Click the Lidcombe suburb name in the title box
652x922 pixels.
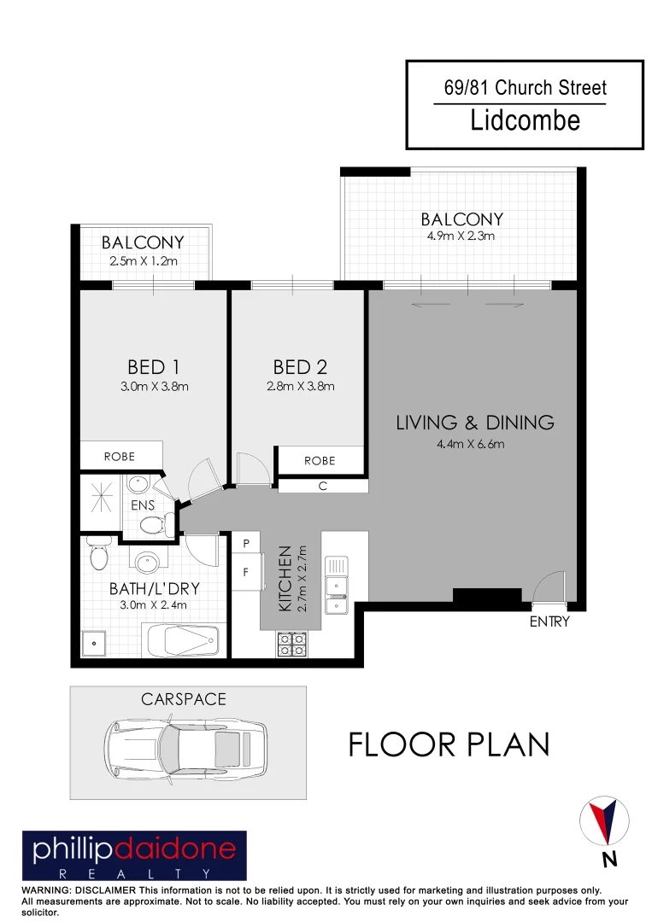click(x=525, y=120)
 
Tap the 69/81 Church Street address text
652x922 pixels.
click(x=525, y=88)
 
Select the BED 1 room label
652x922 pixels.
click(x=153, y=367)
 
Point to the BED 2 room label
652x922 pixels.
click(x=300, y=367)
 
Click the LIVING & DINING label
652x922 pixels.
click(x=475, y=423)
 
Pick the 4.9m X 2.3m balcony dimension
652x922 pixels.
click(x=461, y=236)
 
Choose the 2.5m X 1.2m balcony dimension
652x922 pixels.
click(x=143, y=260)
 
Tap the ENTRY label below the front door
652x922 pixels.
click(x=549, y=622)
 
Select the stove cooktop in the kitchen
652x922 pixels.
click(x=292, y=644)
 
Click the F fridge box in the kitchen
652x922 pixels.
click(x=246, y=573)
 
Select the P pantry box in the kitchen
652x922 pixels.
click(x=246, y=544)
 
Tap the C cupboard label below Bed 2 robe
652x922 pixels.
click(x=322, y=486)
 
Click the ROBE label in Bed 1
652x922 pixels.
click(x=120, y=457)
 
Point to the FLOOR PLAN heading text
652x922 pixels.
click(x=449, y=744)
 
